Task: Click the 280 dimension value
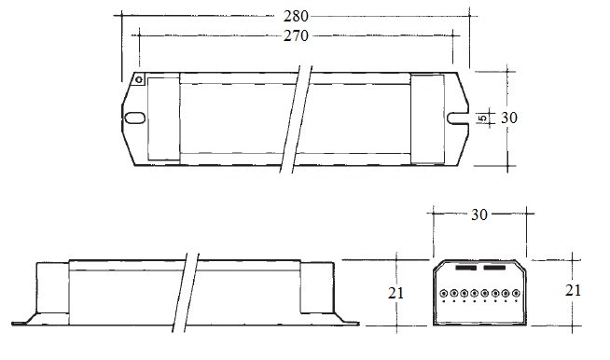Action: (296, 17)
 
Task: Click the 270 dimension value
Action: (296, 35)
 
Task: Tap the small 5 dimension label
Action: (483, 118)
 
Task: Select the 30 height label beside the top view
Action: (509, 118)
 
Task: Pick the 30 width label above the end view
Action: (478, 215)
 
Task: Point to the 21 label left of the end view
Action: (395, 293)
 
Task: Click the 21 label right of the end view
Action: (573, 290)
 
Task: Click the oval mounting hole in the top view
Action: (134, 118)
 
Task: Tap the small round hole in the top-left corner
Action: (139, 80)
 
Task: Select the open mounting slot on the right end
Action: (457, 118)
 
